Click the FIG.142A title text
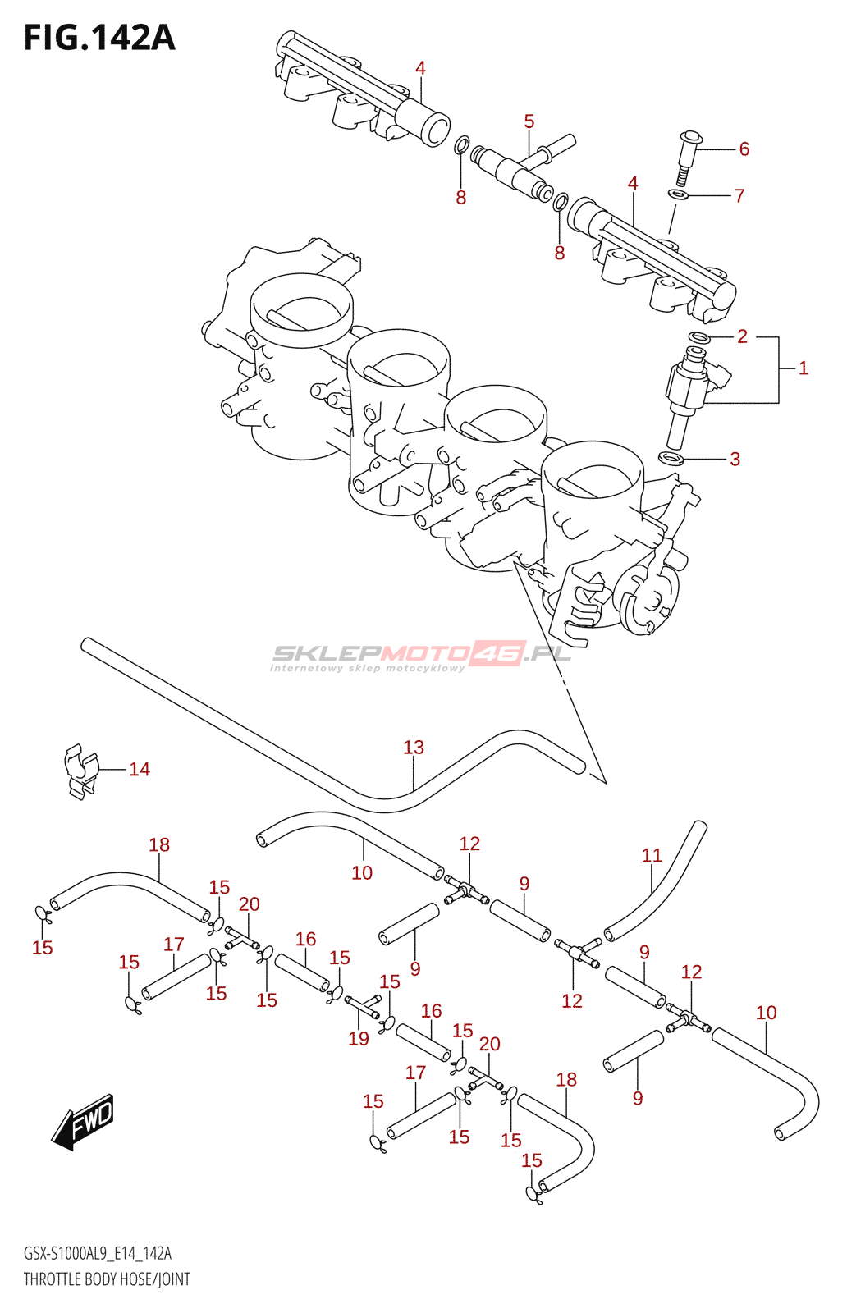tap(99, 38)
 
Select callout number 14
tap(140, 769)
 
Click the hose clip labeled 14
tap(80, 771)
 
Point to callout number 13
tap(414, 748)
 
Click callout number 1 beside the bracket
tap(804, 368)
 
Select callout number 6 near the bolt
tap(744, 149)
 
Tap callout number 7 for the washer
tap(739, 195)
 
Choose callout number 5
tap(529, 122)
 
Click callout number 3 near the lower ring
tap(735, 459)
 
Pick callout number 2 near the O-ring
tap(742, 336)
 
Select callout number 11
tap(652, 856)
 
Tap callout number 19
tap(359, 1038)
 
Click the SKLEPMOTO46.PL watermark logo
tap(420, 656)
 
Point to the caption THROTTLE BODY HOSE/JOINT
tap(107, 1279)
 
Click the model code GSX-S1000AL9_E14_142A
tap(98, 1253)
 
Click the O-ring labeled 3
tap(671, 456)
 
